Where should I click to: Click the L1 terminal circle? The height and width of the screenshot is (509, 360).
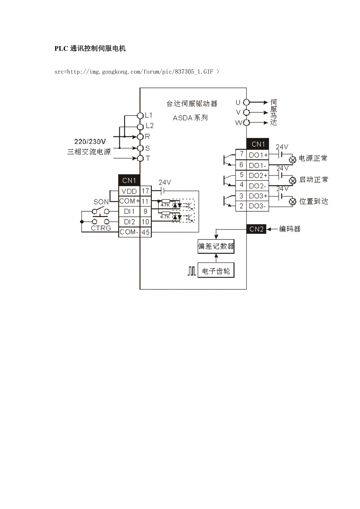click(140, 115)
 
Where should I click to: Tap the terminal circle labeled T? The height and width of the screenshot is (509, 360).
click(140, 158)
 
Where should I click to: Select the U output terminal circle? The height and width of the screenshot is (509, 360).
click(247, 102)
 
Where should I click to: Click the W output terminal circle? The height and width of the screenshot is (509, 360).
click(247, 123)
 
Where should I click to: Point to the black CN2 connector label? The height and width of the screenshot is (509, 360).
click(256, 229)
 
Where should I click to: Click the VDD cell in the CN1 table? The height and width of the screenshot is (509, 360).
click(129, 191)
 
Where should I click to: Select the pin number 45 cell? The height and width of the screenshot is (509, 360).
click(146, 232)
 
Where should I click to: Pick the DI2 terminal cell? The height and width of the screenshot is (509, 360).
click(129, 222)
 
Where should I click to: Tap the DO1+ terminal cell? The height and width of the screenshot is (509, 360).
click(258, 155)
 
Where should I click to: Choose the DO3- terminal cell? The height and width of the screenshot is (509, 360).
click(258, 206)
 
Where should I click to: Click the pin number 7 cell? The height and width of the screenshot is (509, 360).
click(241, 154)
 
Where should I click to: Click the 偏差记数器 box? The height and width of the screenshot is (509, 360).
click(216, 247)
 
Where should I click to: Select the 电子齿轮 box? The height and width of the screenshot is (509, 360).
click(216, 271)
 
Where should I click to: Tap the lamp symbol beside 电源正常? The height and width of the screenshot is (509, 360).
click(292, 160)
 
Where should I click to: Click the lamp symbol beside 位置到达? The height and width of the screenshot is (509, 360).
click(292, 202)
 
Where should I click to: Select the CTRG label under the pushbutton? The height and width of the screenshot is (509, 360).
click(101, 228)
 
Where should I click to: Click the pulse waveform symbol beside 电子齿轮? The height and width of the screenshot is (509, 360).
click(191, 271)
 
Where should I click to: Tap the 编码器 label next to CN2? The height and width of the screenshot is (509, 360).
click(290, 229)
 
